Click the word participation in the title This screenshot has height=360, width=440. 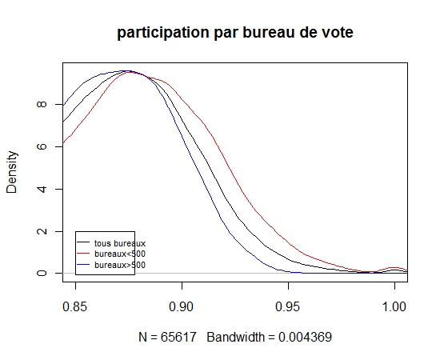point(162,33)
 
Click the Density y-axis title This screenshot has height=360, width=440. point(12,172)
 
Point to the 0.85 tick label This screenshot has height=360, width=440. point(75,306)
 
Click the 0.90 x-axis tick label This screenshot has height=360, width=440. point(182,306)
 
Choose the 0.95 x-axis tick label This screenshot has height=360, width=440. point(288,306)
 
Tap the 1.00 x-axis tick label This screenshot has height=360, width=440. point(394,306)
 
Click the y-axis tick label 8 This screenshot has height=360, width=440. point(42,104)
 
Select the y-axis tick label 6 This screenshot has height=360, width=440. point(42,146)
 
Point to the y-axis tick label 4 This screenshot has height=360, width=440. point(42,189)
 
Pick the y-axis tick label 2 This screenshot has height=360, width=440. point(42,231)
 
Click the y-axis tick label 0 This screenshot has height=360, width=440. point(42,273)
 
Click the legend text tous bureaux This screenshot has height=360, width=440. point(120,243)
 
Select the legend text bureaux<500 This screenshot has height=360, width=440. point(120,254)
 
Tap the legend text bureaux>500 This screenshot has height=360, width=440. point(120,265)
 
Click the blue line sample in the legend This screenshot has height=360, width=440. point(83,264)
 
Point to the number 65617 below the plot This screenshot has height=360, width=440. point(178,337)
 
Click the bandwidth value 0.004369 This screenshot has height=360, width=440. point(305,337)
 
